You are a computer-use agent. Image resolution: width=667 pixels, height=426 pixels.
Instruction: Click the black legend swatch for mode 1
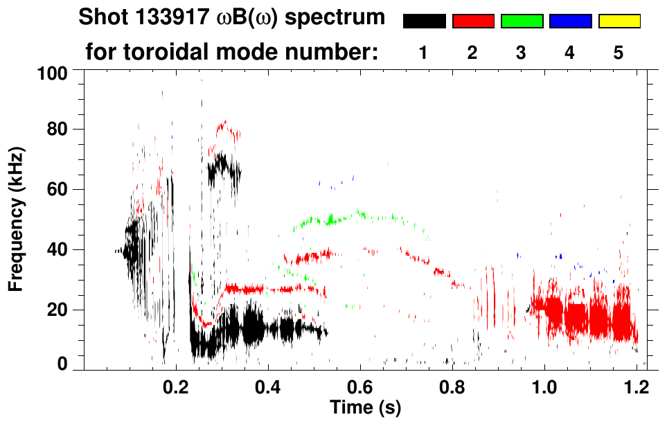click(424, 21)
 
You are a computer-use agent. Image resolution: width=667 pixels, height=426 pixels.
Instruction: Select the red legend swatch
click(473, 21)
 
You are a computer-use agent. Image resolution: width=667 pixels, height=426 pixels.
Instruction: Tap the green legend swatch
click(522, 21)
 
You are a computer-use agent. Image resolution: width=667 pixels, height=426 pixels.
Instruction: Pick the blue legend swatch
click(570, 21)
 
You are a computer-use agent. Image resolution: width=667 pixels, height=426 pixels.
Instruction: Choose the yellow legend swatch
click(619, 21)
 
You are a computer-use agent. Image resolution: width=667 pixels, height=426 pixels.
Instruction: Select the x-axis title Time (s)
click(364, 406)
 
